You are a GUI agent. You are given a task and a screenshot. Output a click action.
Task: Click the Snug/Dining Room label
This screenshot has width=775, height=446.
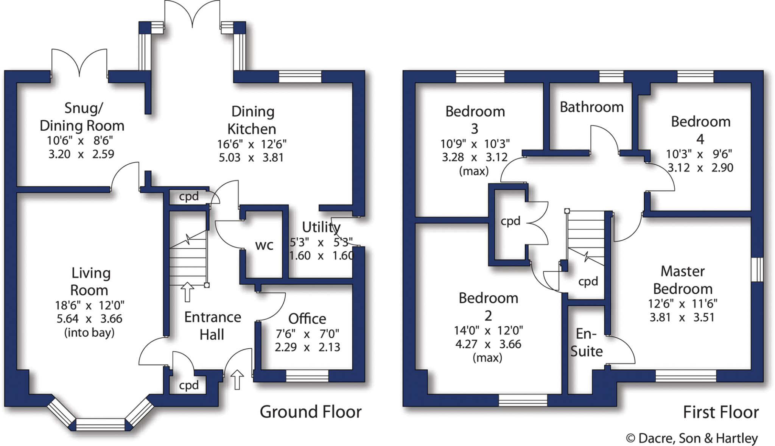pos(82,117)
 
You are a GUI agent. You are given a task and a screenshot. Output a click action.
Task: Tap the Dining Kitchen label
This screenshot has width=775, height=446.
pos(252,120)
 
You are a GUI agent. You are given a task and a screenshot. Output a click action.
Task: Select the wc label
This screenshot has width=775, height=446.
pos(264,245)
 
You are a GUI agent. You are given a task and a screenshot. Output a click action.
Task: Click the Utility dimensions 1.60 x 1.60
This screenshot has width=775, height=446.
pos(321,256)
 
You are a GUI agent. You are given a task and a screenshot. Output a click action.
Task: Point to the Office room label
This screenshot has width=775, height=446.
pos(307,319)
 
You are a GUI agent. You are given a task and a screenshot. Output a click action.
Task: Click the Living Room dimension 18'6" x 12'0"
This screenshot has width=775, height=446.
pos(90,305)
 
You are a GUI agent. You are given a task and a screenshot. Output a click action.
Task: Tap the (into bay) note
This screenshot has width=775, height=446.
pos(89,333)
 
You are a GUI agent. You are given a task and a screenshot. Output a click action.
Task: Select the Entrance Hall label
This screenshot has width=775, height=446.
pos(212,326)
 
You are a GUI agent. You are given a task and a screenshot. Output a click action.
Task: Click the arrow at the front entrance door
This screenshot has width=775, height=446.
pos(237,379)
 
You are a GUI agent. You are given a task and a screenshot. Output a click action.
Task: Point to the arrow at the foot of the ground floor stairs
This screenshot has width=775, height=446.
pos(187,292)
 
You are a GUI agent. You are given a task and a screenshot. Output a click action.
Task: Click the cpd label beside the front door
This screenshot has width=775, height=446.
pos(188,385)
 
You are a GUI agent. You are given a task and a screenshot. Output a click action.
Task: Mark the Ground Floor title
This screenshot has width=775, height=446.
pos(310,412)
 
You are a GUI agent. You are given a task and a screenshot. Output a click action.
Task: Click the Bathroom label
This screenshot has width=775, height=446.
pos(591,107)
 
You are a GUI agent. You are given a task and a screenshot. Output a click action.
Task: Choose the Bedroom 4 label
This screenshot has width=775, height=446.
pos(700,130)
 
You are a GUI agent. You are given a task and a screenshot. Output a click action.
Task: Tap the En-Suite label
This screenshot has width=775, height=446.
pos(586,343)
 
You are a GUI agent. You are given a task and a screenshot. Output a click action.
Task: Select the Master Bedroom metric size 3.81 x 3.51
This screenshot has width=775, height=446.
pos(682,317)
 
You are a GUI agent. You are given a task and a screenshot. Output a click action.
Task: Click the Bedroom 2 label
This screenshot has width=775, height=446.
pos(488,307)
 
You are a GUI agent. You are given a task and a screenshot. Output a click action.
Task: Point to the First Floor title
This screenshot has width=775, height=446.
pos(721,412)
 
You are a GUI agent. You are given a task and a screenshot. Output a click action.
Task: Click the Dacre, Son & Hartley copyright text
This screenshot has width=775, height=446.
pos(692,438)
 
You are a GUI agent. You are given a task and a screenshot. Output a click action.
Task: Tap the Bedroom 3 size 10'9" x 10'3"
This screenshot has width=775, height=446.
pos(475,144)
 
